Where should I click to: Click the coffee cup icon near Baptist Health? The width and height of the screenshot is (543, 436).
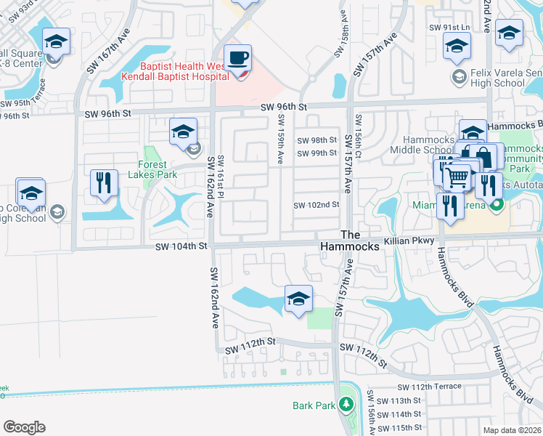tap(238, 57)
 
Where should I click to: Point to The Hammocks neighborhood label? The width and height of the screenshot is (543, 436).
tap(351, 241)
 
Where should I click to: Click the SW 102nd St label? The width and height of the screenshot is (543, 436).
tap(317, 205)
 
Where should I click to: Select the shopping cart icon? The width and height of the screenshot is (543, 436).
tap(457, 177)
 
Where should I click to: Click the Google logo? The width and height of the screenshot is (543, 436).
tap(23, 427)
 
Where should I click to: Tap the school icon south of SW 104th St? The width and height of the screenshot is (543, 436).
tap(298, 299)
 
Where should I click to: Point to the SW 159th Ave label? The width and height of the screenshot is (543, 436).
tap(280, 138)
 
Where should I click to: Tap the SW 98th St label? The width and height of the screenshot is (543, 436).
tap(317, 140)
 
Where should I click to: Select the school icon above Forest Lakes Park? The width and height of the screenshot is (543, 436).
tap(183, 132)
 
